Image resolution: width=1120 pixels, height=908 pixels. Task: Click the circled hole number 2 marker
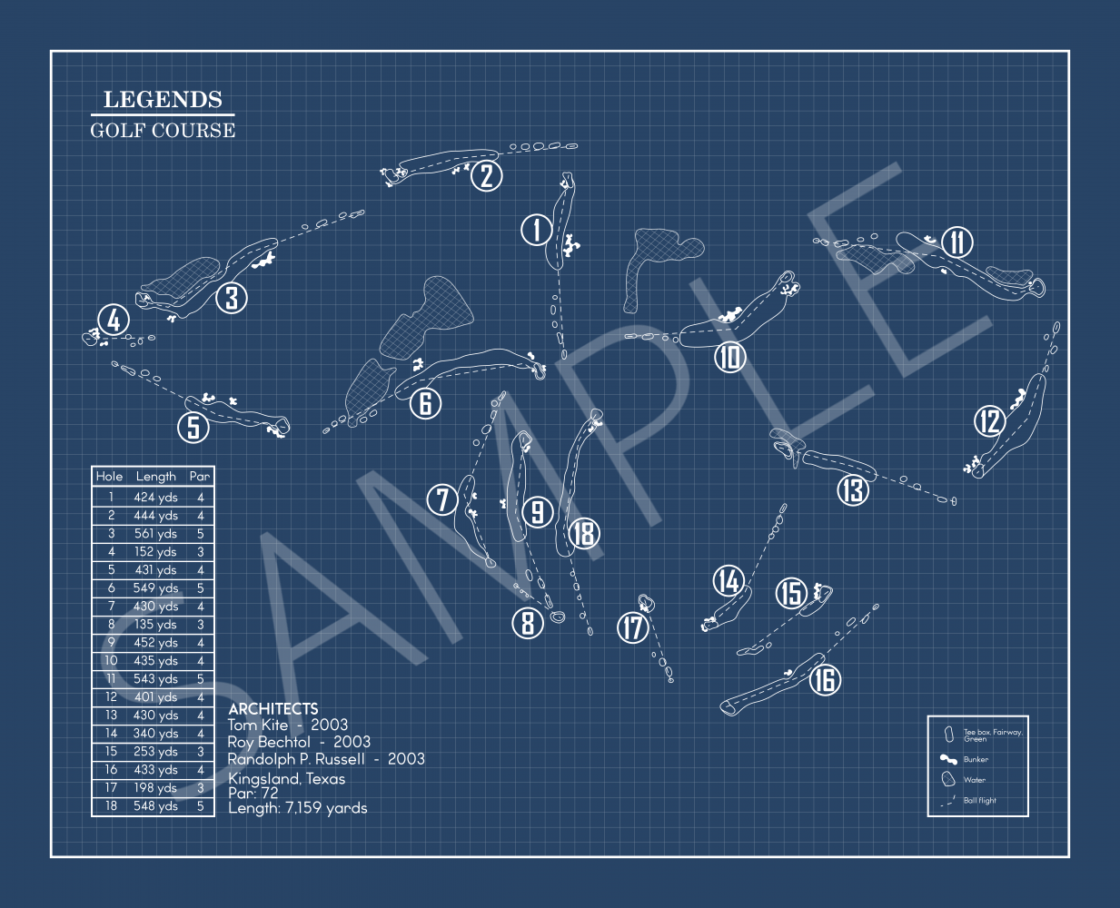tap(486, 175)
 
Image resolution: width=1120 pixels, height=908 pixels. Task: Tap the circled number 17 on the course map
tap(632, 628)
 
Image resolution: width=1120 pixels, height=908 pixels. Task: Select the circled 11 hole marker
tap(957, 242)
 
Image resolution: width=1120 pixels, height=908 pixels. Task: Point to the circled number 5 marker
tap(193, 427)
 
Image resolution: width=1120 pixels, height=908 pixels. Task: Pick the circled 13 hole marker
tap(853, 490)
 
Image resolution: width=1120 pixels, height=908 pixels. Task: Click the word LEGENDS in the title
tap(163, 99)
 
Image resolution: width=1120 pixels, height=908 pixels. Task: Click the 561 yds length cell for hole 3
tap(155, 533)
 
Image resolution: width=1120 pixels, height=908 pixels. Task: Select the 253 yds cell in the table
tap(155, 752)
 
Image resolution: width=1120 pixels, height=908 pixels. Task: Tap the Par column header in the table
tap(199, 476)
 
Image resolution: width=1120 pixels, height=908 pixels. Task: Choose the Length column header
tap(155, 477)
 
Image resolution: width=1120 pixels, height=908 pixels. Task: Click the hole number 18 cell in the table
tap(111, 805)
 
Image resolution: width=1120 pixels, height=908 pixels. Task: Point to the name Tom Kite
tap(258, 725)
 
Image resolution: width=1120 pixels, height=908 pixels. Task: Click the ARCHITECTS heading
tap(273, 708)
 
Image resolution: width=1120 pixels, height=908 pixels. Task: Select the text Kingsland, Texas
tap(286, 778)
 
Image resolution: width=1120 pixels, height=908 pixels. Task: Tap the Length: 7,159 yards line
tap(298, 807)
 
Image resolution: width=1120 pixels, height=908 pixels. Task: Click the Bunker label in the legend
tap(976, 759)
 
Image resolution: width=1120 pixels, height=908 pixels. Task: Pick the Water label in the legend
tap(975, 780)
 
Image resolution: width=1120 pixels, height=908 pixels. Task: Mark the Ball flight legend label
tap(979, 800)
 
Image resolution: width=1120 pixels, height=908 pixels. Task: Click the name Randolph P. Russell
tap(296, 759)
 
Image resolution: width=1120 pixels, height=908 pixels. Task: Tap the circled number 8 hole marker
tap(528, 623)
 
